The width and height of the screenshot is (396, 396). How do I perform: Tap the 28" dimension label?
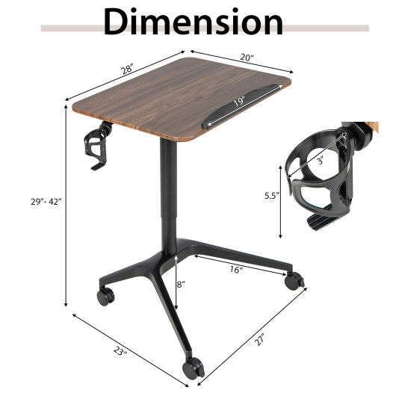point(126,69)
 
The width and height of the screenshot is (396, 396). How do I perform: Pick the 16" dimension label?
point(237,269)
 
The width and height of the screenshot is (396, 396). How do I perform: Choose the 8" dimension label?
point(182,284)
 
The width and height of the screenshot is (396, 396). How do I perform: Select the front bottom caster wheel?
point(194,366)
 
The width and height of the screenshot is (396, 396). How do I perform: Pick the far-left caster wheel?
point(105,296)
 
